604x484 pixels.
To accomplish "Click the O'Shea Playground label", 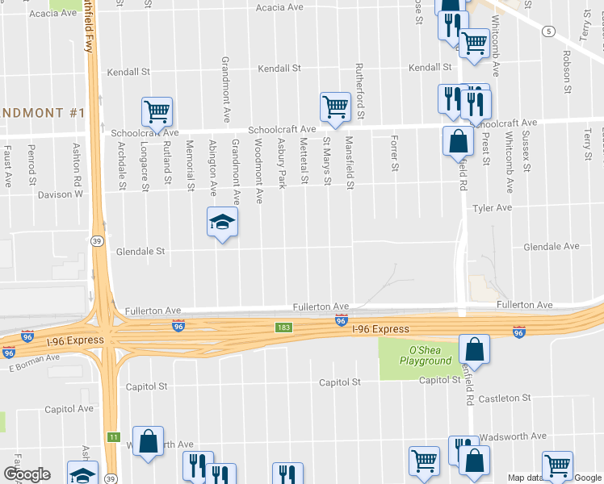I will (425, 357).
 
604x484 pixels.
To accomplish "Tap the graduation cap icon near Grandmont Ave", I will (222, 222).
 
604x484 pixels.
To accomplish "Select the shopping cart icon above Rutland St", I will (157, 112).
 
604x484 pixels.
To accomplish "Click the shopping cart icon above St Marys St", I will (335, 106).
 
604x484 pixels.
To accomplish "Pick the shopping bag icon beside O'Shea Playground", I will (475, 349).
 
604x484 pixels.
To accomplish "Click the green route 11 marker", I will (113, 436).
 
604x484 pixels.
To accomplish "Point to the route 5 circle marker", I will (549, 31).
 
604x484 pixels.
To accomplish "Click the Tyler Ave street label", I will (493, 208).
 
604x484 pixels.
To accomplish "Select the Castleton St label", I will (505, 398).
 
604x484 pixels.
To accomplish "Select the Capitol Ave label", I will (69, 409).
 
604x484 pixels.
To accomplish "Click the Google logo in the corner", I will (27, 474).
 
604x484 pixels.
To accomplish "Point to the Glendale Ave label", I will (552, 247).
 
